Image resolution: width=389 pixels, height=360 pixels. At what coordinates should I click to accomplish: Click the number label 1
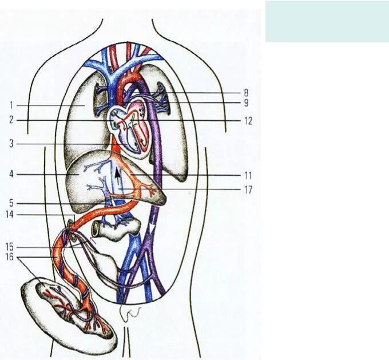coord(11,105)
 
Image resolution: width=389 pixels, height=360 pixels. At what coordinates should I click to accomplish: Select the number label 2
coord(11,121)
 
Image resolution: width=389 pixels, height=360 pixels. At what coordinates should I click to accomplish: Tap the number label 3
coord(11,144)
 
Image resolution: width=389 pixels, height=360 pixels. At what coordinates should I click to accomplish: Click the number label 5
coord(11,203)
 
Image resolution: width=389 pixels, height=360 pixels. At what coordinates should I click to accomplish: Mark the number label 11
coord(247,175)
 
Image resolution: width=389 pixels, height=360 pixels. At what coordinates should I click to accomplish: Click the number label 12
coord(248,121)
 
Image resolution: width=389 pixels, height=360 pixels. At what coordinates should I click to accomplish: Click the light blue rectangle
coord(327,21)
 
